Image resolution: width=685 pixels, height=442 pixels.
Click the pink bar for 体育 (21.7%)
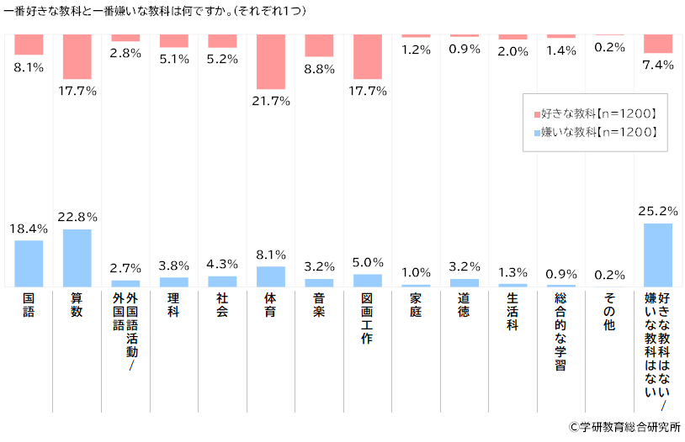[x=270, y=61]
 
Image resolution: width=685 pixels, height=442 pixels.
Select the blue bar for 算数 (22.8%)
[x=77, y=258]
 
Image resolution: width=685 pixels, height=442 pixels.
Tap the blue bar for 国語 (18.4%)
[x=29, y=264]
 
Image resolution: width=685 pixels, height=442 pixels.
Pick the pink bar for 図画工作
[x=368, y=56]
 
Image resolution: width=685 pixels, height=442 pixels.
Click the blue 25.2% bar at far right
[x=658, y=255]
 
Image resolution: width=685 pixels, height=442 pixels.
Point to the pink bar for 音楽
[x=319, y=45]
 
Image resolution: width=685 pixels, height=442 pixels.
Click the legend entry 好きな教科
[x=595, y=113]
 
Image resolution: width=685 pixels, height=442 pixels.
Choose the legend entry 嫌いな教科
[x=595, y=132]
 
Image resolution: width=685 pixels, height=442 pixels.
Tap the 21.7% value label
[x=270, y=101]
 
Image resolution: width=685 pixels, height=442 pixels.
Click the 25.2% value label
[x=658, y=210]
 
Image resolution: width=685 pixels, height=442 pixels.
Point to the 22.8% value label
[x=77, y=217]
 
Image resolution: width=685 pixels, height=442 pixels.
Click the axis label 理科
[x=173, y=305]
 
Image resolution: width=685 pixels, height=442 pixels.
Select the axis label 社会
[x=222, y=305]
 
